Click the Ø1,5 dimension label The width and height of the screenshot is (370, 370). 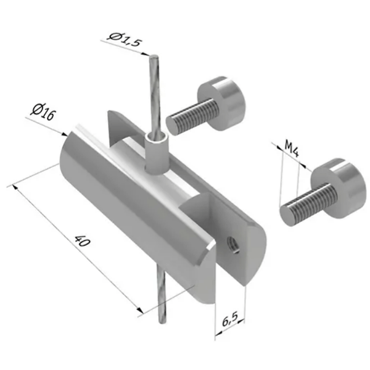125,39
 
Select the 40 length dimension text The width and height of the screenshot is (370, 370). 82,240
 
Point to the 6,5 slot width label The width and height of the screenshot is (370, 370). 230,319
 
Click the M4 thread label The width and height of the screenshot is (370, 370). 292,149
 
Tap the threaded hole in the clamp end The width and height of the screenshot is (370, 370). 232,245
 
